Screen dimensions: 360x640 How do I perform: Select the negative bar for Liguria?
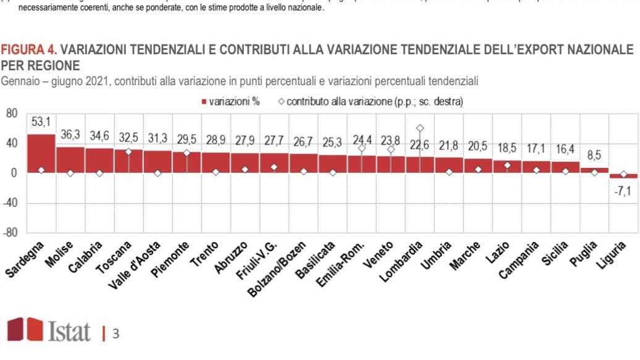click(x=623, y=176)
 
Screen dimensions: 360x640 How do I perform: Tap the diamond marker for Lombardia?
click(x=420, y=128)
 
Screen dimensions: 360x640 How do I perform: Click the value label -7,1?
click(x=622, y=191)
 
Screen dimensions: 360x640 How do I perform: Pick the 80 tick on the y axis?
click(x=12, y=114)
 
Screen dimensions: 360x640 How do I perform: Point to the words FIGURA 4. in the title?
click(x=30, y=49)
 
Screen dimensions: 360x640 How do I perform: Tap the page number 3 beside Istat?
click(x=116, y=334)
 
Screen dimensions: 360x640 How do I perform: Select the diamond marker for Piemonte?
click(x=187, y=153)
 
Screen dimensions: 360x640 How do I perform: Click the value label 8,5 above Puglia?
click(x=594, y=155)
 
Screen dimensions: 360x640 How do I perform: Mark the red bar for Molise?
click(x=70, y=159)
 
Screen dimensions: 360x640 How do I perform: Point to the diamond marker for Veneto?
click(x=391, y=149)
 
